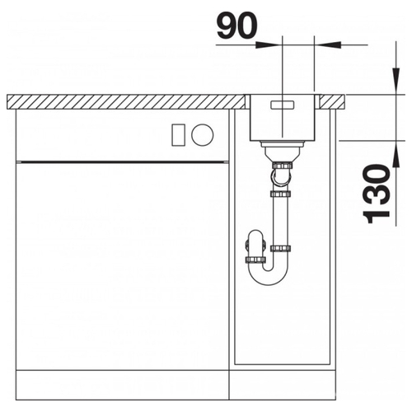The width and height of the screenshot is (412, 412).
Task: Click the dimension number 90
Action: click(237, 26)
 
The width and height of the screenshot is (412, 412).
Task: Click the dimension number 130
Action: click(377, 194)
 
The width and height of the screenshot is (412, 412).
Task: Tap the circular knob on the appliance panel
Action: click(203, 134)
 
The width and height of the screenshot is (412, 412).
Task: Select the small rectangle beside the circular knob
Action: click(179, 134)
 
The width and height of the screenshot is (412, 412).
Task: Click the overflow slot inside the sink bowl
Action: click(283, 105)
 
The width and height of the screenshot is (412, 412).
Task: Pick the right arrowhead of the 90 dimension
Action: click(327, 44)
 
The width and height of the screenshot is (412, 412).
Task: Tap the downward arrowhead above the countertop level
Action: click(396, 81)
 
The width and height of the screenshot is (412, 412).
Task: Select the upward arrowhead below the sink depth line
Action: click(396, 154)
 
